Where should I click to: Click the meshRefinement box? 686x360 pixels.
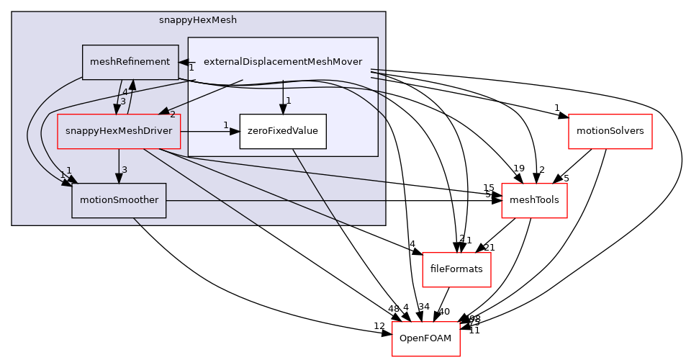point(130,62)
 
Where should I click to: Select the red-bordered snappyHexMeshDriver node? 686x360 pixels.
point(119,131)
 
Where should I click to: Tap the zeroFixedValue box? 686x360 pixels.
point(282,131)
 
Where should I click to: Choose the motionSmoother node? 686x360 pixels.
point(119,200)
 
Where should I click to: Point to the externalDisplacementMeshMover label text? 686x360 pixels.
point(283,62)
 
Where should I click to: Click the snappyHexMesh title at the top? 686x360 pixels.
point(198,20)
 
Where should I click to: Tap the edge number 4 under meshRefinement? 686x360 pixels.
point(125,92)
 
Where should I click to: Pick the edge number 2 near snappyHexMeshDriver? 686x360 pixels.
point(173,115)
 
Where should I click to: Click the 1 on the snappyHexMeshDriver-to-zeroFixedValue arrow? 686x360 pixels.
point(225,125)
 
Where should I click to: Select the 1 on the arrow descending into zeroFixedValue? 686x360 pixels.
point(288,101)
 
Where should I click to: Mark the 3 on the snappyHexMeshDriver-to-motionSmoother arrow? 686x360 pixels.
point(125,170)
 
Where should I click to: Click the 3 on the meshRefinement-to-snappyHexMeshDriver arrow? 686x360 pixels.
point(122,101)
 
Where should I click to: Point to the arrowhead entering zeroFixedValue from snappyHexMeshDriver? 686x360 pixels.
point(235,132)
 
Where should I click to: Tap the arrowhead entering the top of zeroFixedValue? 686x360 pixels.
point(282,109)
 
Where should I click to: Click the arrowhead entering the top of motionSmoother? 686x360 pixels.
point(119,178)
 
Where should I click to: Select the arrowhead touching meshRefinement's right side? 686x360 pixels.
point(184,63)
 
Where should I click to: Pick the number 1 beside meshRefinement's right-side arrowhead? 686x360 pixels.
point(191,68)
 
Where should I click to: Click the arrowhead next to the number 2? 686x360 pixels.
point(163,112)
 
